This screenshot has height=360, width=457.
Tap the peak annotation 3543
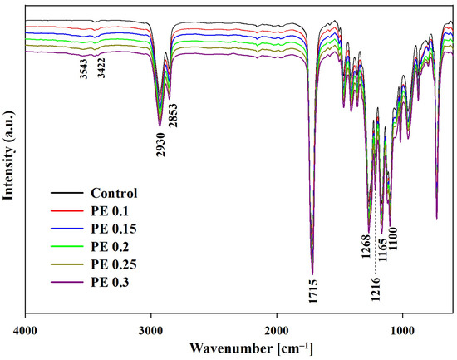[x=83, y=69]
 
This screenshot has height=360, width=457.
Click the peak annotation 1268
[x=366, y=249]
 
